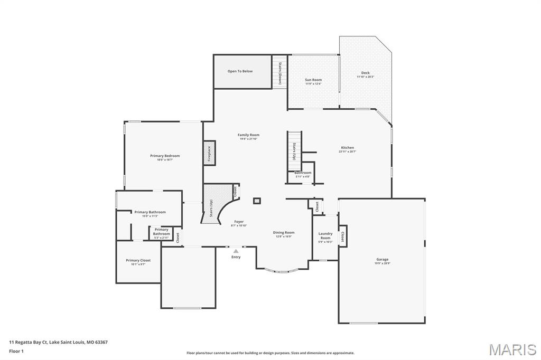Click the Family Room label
(x=248, y=135)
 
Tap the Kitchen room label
(x=347, y=148)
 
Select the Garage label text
(x=383, y=259)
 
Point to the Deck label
(x=365, y=73)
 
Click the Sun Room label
(x=313, y=80)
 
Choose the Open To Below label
(x=240, y=71)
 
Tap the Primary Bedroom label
(x=165, y=156)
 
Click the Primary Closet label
(x=138, y=260)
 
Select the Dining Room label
(x=284, y=232)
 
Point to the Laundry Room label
(x=325, y=235)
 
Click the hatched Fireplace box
(x=209, y=153)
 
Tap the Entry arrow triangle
(x=236, y=251)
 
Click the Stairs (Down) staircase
(x=279, y=71)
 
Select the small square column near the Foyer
(x=257, y=201)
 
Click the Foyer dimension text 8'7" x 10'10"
(x=239, y=226)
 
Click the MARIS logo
(x=512, y=349)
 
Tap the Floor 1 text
(x=16, y=351)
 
